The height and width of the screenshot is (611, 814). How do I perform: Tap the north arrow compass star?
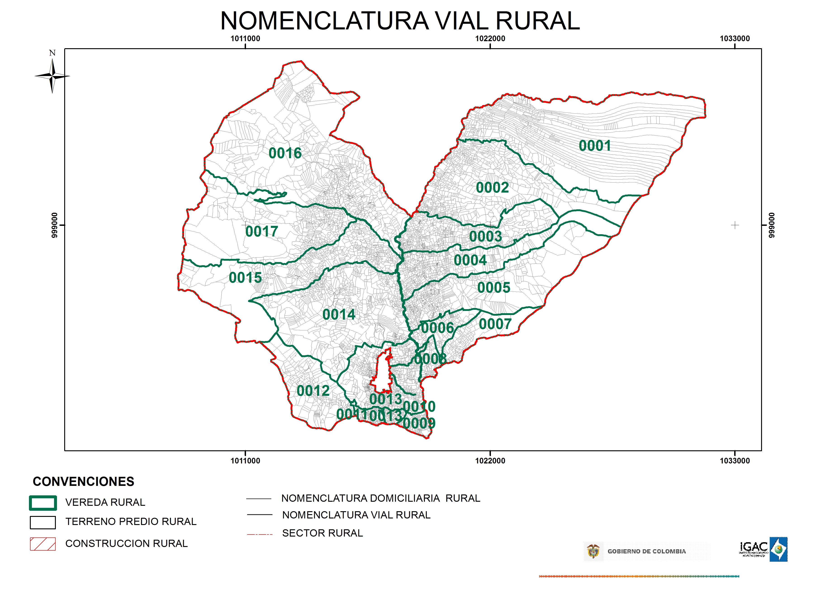click(x=52, y=76)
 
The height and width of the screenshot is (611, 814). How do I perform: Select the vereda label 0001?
click(x=595, y=146)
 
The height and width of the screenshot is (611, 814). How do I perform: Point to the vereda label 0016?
click(x=285, y=153)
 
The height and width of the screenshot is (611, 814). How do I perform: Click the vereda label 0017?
click(x=262, y=232)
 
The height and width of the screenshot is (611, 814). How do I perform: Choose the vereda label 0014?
click(x=339, y=315)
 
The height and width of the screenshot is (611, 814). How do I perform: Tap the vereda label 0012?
click(x=313, y=391)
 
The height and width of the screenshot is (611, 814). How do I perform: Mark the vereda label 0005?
click(x=494, y=288)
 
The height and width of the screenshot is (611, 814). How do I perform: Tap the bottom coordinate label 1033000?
click(x=734, y=461)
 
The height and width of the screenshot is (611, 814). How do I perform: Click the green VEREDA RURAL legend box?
click(x=43, y=503)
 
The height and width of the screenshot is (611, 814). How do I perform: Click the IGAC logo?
click(x=763, y=549)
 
